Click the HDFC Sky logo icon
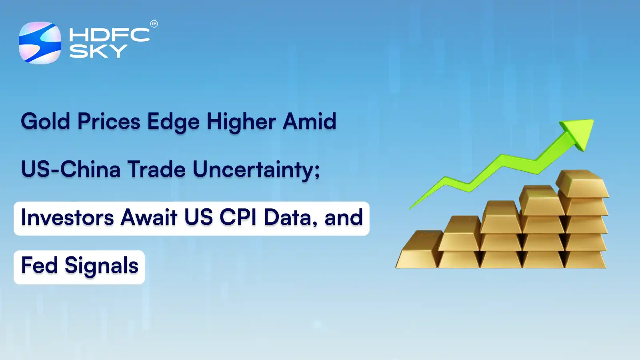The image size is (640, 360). tap(40, 43)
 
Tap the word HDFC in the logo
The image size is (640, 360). tap(109, 35)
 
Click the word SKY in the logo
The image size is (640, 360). tap(98, 51)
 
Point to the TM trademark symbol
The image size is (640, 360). tap(154, 24)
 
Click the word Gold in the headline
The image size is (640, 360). tap(45, 122)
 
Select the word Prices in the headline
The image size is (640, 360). tap(109, 122)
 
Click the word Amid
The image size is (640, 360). tap(310, 122)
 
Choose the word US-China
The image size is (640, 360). tap(70, 170)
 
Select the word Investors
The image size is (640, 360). tap(67, 218)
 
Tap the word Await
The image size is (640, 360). tap(149, 218)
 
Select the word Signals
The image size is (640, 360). tap(102, 266)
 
